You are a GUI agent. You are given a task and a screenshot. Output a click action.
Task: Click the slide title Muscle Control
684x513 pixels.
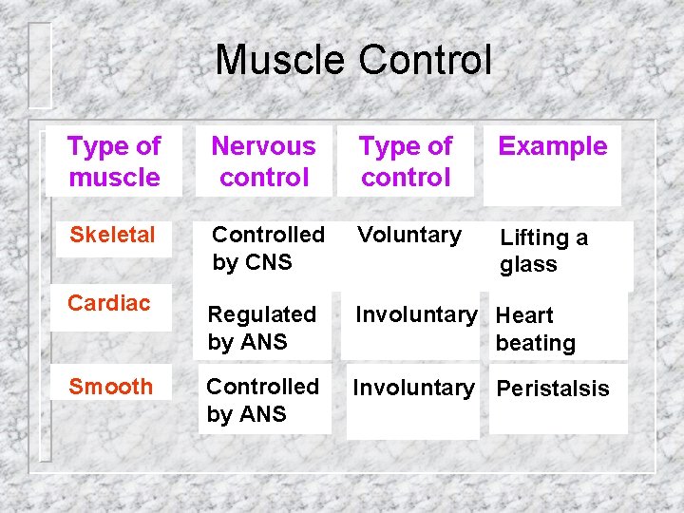353,60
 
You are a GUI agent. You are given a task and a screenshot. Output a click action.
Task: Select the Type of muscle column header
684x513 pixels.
114,161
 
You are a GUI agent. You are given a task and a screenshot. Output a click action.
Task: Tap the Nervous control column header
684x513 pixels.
263,161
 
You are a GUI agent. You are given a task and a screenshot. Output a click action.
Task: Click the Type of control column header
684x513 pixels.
406,161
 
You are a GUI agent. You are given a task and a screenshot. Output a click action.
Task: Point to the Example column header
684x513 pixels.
552,146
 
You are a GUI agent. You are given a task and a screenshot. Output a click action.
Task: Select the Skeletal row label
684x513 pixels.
112,235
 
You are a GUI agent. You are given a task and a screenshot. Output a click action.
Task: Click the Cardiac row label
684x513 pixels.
109,303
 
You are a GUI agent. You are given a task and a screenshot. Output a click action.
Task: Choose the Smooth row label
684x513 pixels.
110,387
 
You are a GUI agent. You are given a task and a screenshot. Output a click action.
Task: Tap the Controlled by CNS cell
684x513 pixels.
267,248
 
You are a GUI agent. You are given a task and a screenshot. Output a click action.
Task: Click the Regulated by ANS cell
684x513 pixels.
261,328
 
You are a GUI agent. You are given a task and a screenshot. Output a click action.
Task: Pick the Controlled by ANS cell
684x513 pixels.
262,400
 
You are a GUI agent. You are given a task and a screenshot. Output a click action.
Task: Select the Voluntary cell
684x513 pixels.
408,235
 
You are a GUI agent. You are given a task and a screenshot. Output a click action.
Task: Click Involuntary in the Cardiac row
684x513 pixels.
415,314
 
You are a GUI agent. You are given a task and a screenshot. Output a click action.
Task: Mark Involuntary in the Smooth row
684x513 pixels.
413,388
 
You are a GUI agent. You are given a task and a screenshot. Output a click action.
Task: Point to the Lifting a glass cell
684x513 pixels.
544,251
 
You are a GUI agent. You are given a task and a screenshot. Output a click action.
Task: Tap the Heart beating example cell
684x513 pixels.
535,329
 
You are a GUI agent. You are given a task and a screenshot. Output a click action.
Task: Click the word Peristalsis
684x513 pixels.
553,389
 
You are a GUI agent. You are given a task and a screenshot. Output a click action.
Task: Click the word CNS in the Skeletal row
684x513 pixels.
266,262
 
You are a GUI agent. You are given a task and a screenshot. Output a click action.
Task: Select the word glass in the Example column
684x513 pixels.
528,264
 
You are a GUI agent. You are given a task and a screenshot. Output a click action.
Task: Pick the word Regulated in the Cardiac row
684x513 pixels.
261,313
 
